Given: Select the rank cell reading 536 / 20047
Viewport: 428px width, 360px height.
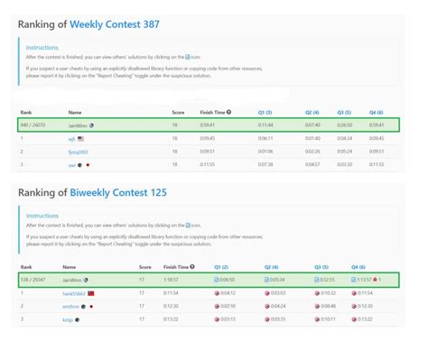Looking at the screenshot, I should pyautogui.click(x=33, y=281).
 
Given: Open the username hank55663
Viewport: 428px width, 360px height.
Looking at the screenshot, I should pyautogui.click(x=74, y=294).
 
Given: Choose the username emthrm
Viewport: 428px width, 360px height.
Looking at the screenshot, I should pyautogui.click(x=71, y=307).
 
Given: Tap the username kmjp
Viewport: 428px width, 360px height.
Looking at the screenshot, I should pyautogui.click(x=69, y=319).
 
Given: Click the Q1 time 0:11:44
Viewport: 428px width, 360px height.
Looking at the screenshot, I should pyautogui.click(x=265, y=125).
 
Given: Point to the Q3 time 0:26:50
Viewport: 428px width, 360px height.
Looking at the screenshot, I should pyautogui.click(x=344, y=125).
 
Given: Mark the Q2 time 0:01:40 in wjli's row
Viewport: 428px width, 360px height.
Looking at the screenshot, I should pyautogui.click(x=313, y=138).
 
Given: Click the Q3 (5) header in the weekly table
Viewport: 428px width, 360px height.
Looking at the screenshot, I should pyautogui.click(x=343, y=112).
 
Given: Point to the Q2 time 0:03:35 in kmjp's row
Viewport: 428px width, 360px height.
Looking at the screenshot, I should pyautogui.click(x=277, y=319).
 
